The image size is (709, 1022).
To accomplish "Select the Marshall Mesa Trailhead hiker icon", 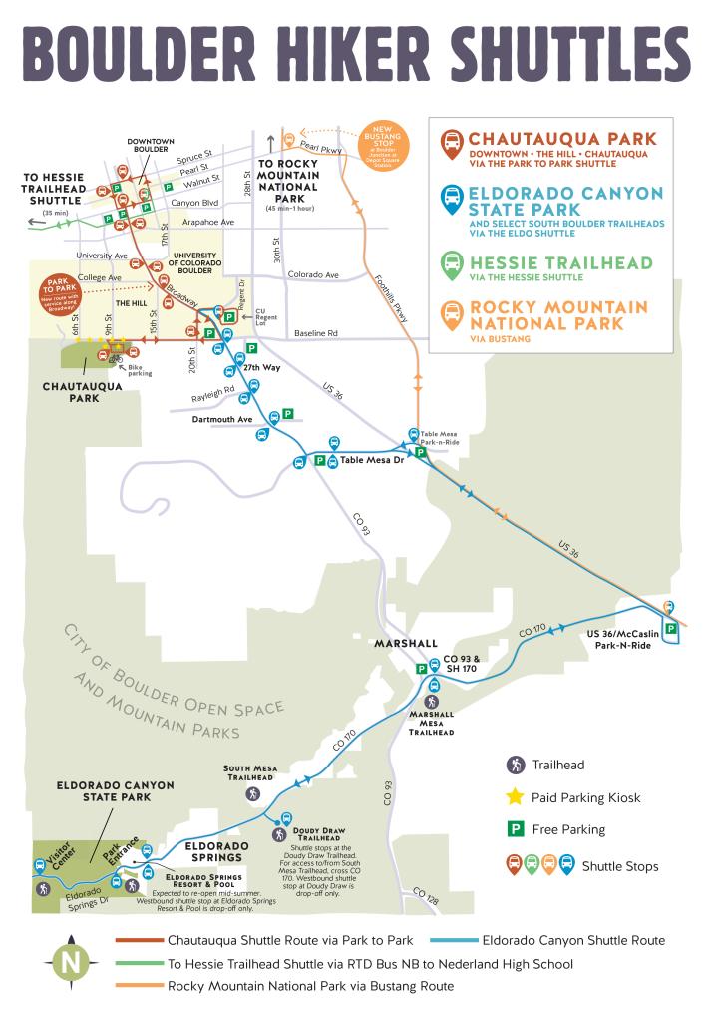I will [433, 703].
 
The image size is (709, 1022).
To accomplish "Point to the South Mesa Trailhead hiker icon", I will [253, 793].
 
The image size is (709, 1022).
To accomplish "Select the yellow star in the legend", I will [515, 796].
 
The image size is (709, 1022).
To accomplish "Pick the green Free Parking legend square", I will [515, 829].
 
